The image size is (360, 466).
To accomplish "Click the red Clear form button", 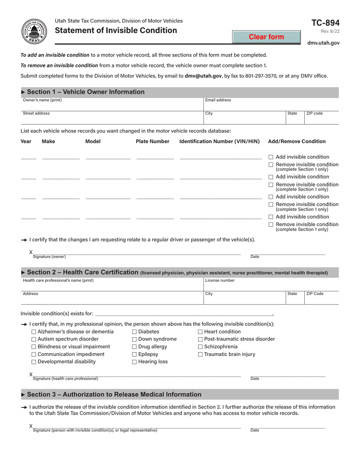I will click(x=266, y=37).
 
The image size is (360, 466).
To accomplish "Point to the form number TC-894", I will click(x=325, y=23).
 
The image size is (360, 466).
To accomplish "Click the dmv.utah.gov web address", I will click(x=323, y=43).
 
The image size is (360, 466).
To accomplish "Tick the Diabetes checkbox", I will click(x=135, y=332).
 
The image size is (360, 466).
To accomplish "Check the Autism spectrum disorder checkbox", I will click(x=34, y=339).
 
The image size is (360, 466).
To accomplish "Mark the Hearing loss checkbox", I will click(x=135, y=362).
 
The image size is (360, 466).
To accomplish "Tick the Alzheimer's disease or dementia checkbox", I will click(x=34, y=332).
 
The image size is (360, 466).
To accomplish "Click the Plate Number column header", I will click(x=153, y=141).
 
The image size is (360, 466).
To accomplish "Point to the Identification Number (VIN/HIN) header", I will click(x=219, y=141).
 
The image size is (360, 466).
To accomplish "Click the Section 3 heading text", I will click(x=114, y=394).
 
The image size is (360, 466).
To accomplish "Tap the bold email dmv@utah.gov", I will click(x=203, y=76).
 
